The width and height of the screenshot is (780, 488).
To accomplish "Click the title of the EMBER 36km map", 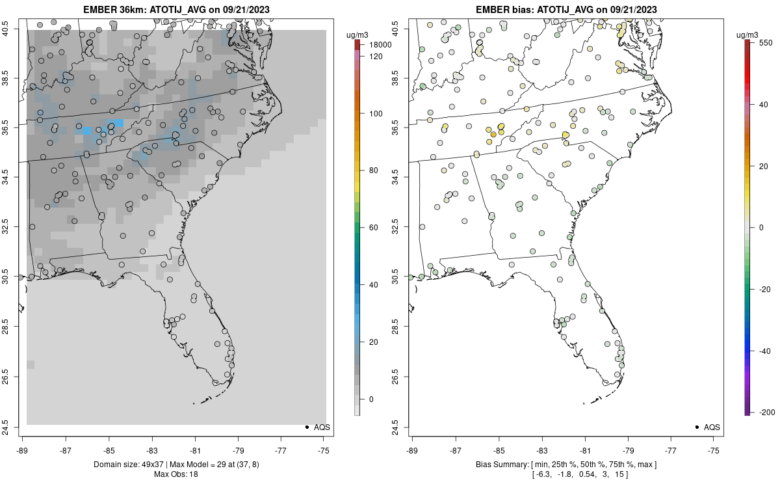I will (175, 10).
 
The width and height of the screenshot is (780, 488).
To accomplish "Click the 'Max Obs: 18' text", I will (175, 474).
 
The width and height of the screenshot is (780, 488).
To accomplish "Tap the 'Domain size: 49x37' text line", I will (175, 465).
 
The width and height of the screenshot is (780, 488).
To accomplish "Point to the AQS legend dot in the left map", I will (306, 427).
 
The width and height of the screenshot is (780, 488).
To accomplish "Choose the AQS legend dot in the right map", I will (696, 427).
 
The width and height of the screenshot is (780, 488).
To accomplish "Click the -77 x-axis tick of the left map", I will (281, 450).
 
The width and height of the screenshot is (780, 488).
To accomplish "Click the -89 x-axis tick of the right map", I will (412, 450).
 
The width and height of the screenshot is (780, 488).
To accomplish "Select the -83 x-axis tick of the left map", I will (151, 450).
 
